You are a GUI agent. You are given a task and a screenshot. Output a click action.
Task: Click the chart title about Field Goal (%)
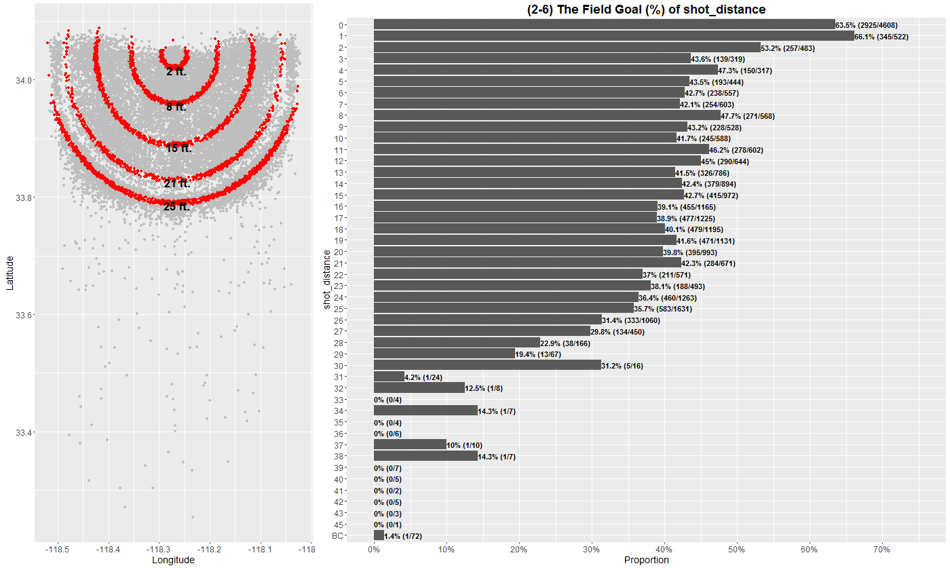[646, 10]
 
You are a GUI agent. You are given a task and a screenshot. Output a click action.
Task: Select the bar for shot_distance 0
[604, 24]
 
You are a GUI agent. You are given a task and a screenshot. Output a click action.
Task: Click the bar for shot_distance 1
[613, 36]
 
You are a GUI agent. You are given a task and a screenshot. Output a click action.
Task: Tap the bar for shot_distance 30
[487, 365]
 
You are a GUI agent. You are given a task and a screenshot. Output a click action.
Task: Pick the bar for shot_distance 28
[457, 343]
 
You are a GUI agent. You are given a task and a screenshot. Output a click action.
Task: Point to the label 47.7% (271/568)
[747, 116]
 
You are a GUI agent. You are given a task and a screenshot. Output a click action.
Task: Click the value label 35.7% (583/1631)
[672, 309]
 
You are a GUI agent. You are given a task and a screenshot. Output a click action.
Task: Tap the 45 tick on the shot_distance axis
[341, 525]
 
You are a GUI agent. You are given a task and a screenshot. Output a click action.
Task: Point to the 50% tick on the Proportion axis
[736, 548]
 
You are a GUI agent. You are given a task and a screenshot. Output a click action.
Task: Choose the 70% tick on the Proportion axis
[881, 548]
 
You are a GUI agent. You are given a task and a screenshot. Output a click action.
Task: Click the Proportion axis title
[646, 560]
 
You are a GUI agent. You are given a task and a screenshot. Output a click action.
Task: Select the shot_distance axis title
[327, 280]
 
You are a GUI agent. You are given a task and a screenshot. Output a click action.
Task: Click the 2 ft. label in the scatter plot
[176, 71]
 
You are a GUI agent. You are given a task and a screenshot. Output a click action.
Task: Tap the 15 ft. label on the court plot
[178, 149]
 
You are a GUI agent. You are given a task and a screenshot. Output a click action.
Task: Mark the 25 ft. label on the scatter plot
[176, 207]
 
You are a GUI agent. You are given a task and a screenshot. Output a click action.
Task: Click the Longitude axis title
[173, 560]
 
